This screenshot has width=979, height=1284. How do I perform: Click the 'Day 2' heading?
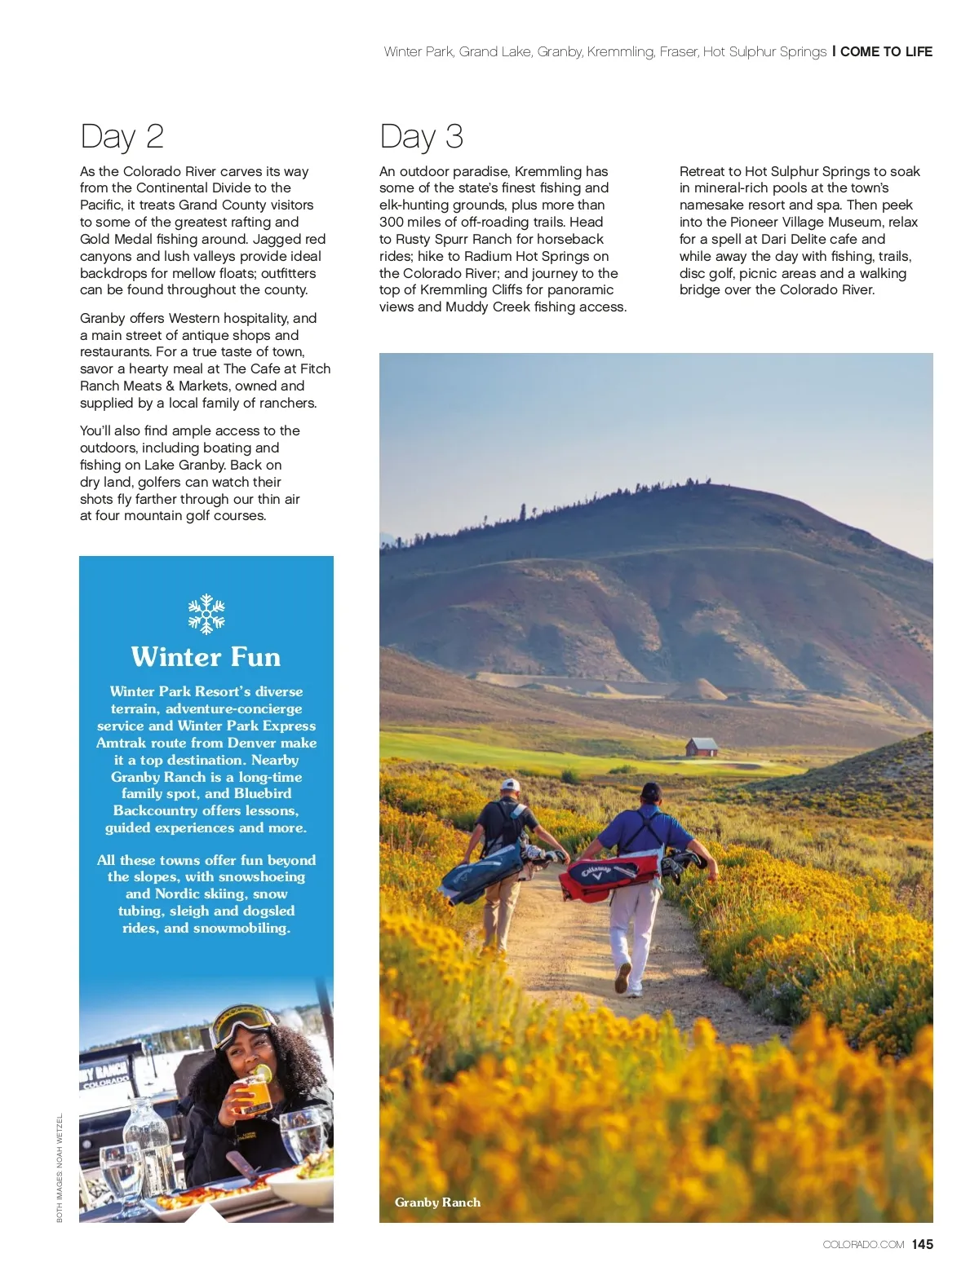[x=122, y=136]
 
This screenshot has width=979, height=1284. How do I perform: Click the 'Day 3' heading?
[x=421, y=136]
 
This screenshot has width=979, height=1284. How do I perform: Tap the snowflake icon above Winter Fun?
[x=206, y=614]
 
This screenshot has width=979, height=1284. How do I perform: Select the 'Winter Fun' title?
[x=206, y=657]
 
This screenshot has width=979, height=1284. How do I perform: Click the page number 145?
[x=923, y=1244]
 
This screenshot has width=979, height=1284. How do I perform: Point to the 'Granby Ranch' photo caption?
[x=437, y=1202]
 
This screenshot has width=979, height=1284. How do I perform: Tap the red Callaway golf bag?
[x=608, y=875]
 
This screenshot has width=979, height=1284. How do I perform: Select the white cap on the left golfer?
[x=510, y=785]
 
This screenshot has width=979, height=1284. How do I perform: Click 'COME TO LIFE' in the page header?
[x=886, y=51]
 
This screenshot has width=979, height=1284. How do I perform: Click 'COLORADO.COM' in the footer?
[x=863, y=1245]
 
